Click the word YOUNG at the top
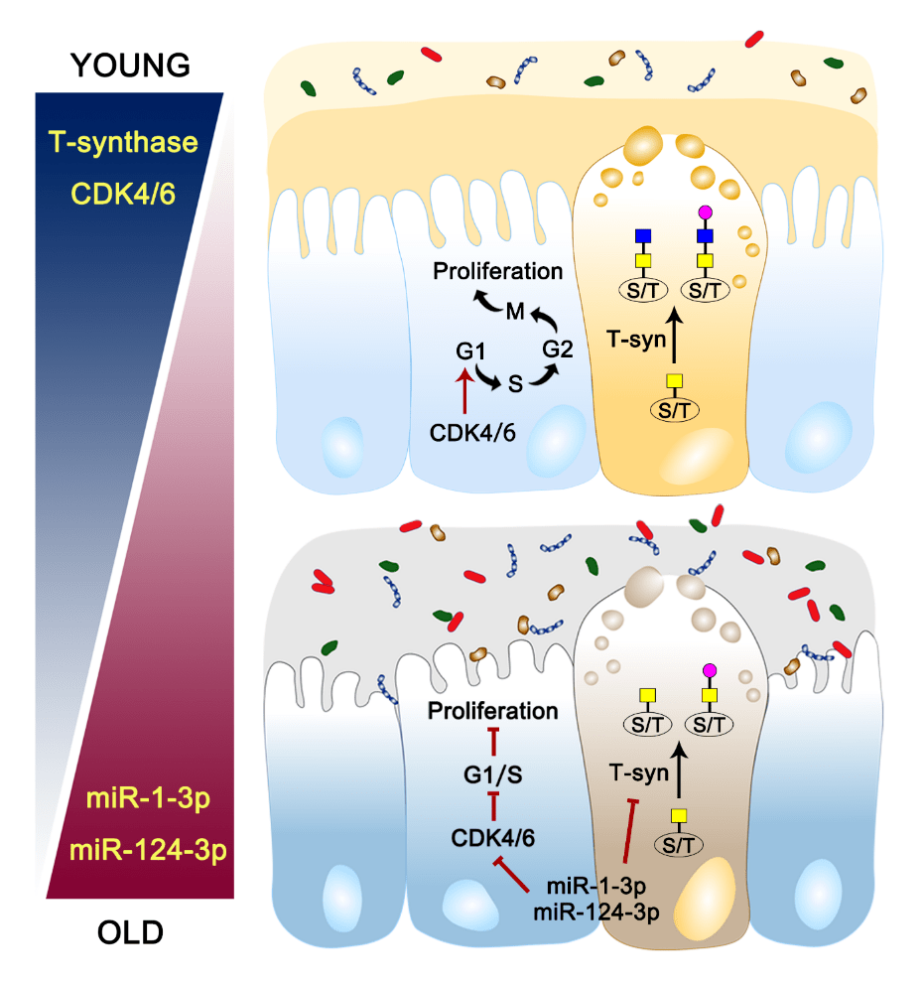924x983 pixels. click(x=129, y=66)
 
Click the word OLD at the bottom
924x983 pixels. click(x=130, y=932)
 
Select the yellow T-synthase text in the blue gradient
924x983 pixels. click(x=126, y=142)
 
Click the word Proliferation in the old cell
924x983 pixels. click(x=493, y=711)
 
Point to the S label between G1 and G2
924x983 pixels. click(x=515, y=382)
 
